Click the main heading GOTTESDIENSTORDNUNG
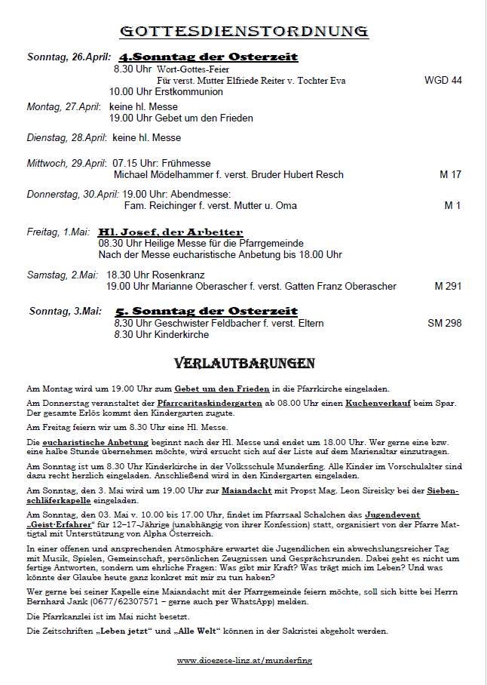(x=244, y=31)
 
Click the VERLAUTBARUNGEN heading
(x=244, y=364)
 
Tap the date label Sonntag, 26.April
(x=69, y=57)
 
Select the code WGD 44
(x=443, y=80)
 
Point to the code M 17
(x=450, y=175)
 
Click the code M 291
(x=448, y=286)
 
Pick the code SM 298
(x=444, y=323)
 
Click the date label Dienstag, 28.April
(x=66, y=138)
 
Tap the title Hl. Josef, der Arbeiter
(x=171, y=232)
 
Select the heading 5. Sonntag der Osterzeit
(x=207, y=311)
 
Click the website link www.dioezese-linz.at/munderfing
(x=244, y=660)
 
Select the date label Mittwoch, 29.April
(x=66, y=163)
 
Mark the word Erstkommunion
(x=188, y=91)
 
